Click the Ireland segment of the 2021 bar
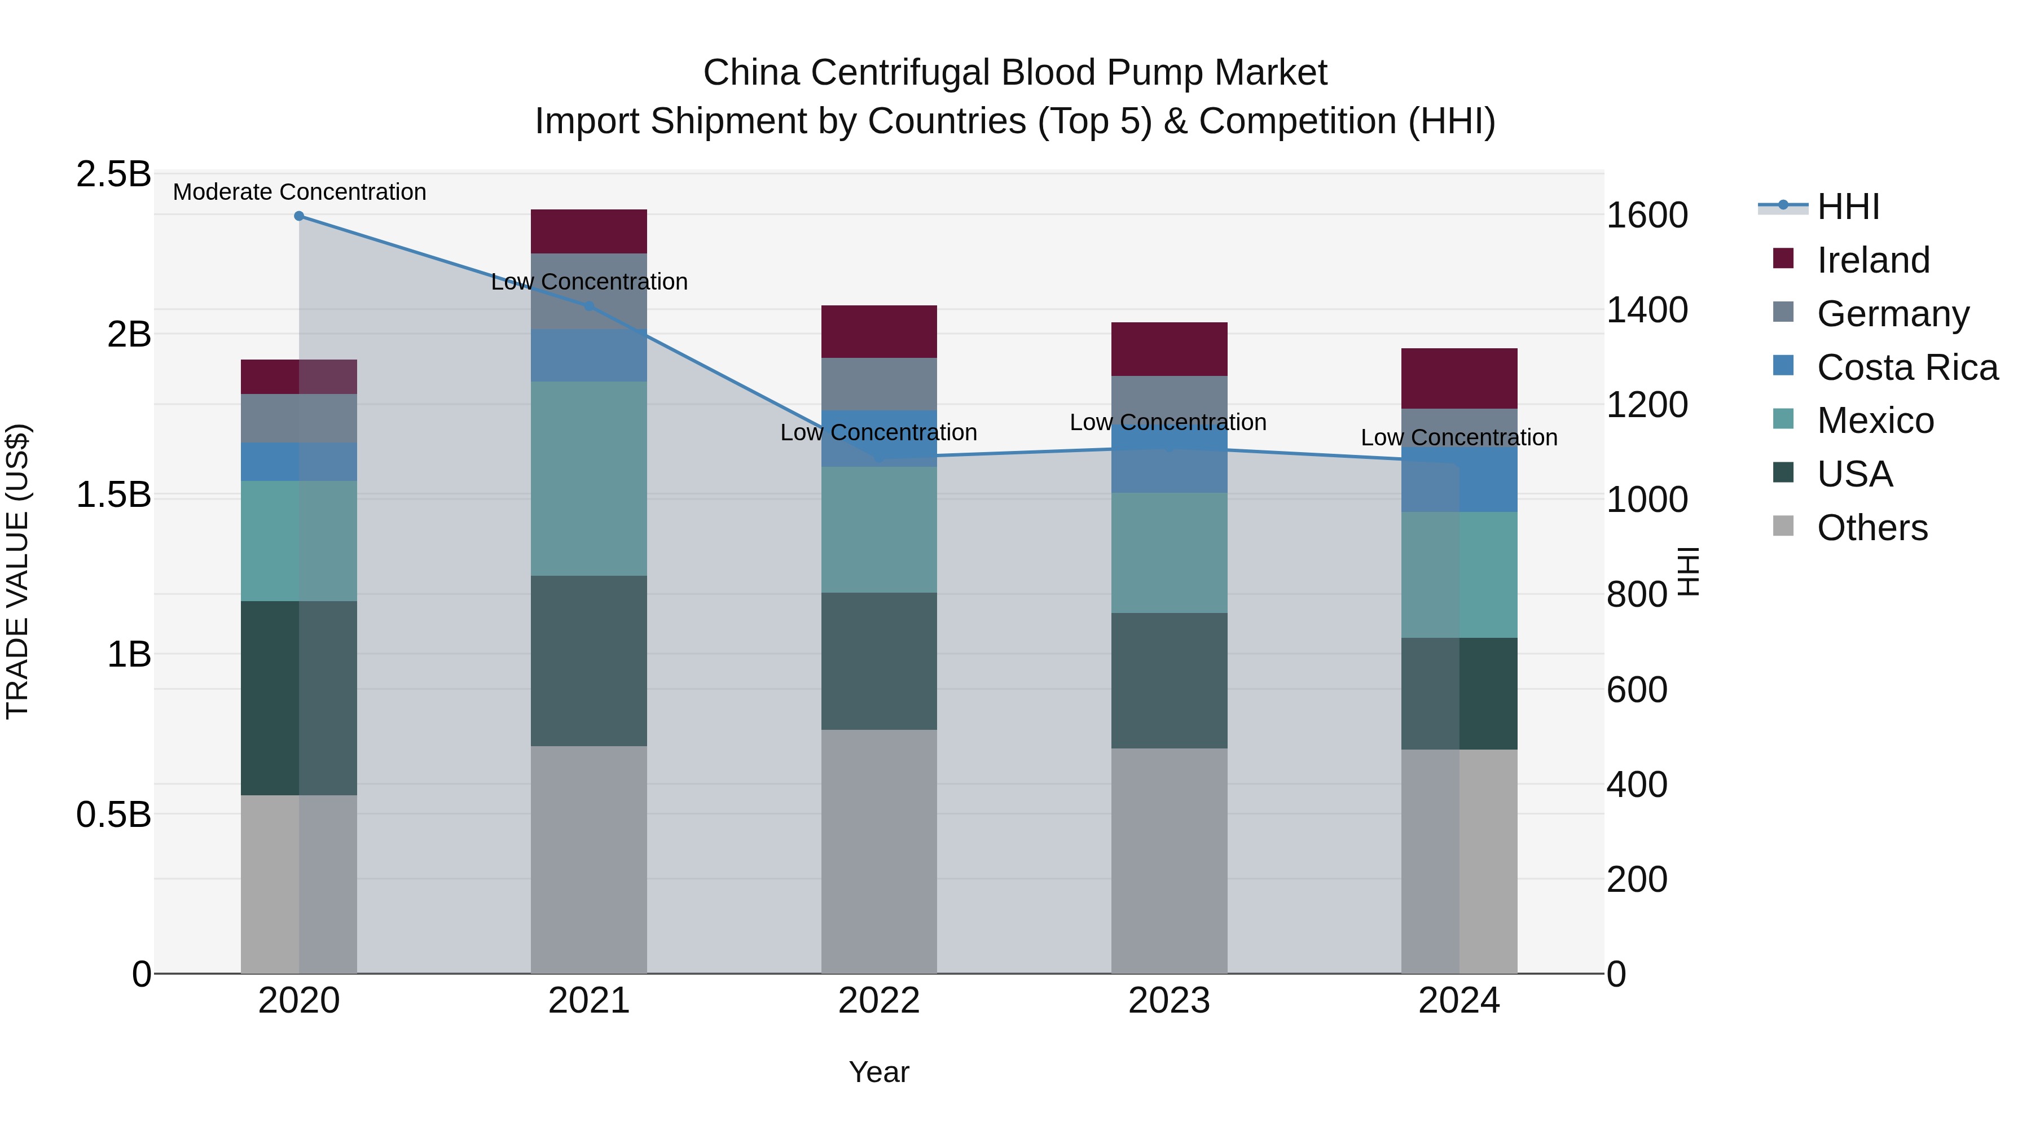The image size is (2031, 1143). (x=588, y=231)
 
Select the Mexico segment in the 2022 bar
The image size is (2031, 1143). (x=878, y=529)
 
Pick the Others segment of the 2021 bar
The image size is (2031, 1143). (x=588, y=859)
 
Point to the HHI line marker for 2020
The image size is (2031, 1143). (x=299, y=216)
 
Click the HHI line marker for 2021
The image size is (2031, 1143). (x=588, y=306)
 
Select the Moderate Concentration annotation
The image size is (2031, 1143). (x=299, y=192)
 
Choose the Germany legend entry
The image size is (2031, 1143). (x=1892, y=314)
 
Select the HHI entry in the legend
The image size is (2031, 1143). (x=1847, y=207)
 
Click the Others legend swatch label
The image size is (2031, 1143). (x=1872, y=528)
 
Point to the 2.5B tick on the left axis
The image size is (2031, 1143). (x=113, y=174)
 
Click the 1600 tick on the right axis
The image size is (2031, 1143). (x=1647, y=216)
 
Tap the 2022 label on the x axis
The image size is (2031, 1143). (x=878, y=1001)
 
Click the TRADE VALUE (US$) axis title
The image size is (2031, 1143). (x=17, y=571)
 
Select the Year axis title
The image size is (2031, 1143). (x=878, y=1072)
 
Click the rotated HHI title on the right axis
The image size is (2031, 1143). (x=1688, y=571)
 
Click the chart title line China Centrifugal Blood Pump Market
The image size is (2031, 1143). (x=1015, y=73)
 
